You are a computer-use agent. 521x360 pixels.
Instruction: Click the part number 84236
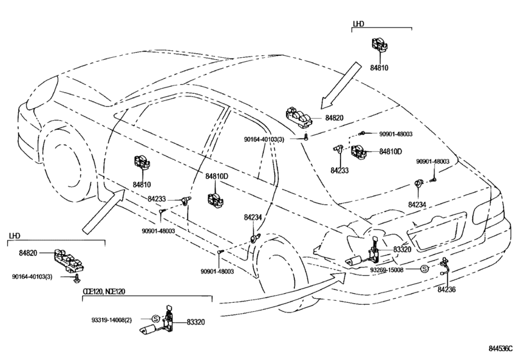(446, 289)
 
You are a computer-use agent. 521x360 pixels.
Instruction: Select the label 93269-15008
(387, 269)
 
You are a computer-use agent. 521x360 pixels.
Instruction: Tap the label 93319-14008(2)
(112, 320)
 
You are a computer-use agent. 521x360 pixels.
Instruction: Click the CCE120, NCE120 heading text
(104, 291)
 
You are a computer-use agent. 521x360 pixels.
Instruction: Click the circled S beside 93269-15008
(424, 269)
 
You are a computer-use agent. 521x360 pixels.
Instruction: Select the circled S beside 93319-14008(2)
(155, 319)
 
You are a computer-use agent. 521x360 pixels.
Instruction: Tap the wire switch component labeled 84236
(444, 267)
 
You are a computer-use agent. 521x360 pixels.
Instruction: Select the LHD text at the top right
(358, 24)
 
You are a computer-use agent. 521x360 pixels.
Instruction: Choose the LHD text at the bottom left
(14, 236)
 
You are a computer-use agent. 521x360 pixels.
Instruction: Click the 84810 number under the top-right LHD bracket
(379, 67)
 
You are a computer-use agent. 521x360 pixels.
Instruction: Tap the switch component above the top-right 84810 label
(380, 45)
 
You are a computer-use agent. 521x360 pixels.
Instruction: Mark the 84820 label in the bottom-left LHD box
(28, 253)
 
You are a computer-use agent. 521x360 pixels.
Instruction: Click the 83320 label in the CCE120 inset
(196, 322)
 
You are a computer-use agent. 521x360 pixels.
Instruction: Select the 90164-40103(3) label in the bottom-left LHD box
(32, 276)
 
